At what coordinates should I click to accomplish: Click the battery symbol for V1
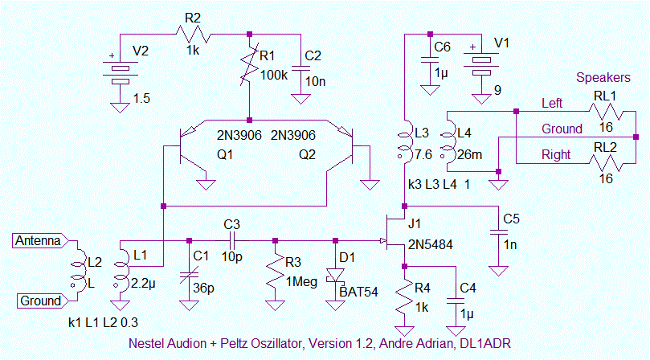480,65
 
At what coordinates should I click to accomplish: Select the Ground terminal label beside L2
39,301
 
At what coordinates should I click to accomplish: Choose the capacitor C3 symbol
231,240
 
